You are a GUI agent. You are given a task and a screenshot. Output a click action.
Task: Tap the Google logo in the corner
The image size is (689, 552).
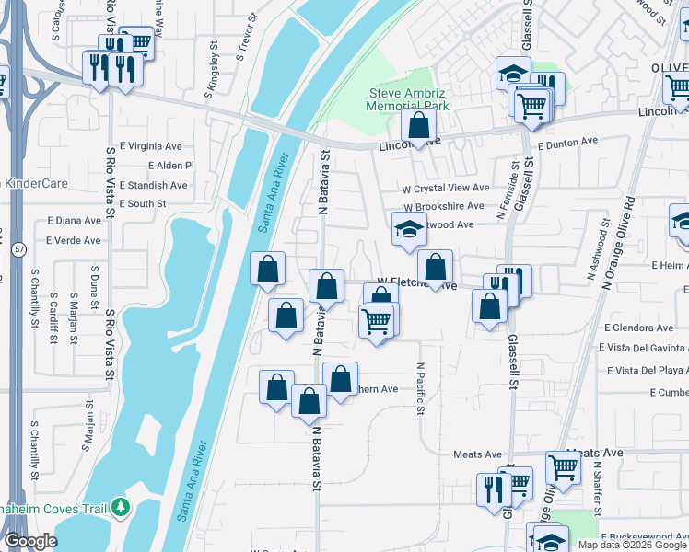[x=29, y=541]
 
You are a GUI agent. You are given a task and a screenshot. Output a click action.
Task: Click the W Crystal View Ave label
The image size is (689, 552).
[x=445, y=188]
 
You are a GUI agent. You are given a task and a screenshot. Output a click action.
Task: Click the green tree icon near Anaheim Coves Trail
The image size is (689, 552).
[x=120, y=507]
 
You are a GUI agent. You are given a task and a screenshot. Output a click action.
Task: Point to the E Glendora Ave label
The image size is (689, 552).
[x=639, y=328]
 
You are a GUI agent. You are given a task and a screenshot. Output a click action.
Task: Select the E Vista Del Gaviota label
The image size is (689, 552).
[x=643, y=348]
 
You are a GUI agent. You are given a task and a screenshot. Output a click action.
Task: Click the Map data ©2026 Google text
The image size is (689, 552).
[x=632, y=545]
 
